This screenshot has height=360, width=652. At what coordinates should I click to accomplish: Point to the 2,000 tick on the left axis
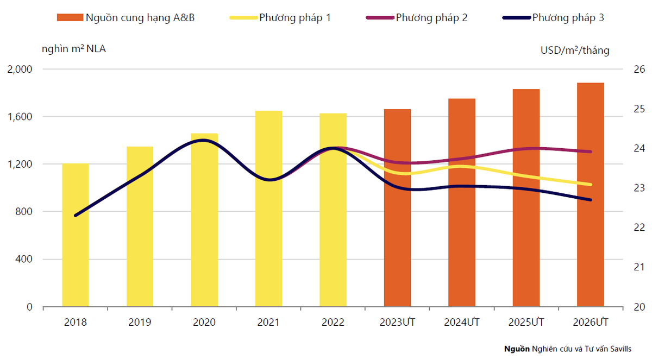(x=20, y=70)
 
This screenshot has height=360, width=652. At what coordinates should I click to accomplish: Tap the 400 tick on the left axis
(x=25, y=260)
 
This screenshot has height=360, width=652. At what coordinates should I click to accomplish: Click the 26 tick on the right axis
(x=638, y=70)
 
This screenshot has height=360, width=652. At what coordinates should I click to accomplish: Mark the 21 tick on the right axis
(x=638, y=267)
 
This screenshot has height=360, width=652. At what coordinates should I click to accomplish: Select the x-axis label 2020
(x=204, y=322)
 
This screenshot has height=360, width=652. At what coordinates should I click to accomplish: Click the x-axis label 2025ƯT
(x=526, y=322)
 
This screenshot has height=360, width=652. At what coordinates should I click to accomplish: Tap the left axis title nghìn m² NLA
(x=74, y=49)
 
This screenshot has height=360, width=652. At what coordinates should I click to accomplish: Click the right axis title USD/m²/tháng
(x=574, y=50)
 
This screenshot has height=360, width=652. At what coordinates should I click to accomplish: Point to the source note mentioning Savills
(x=567, y=349)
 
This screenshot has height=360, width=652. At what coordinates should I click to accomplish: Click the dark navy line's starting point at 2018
(x=76, y=216)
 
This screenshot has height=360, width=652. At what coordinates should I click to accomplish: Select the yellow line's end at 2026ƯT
(x=591, y=184)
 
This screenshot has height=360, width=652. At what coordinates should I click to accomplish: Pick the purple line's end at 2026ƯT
(x=591, y=151)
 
